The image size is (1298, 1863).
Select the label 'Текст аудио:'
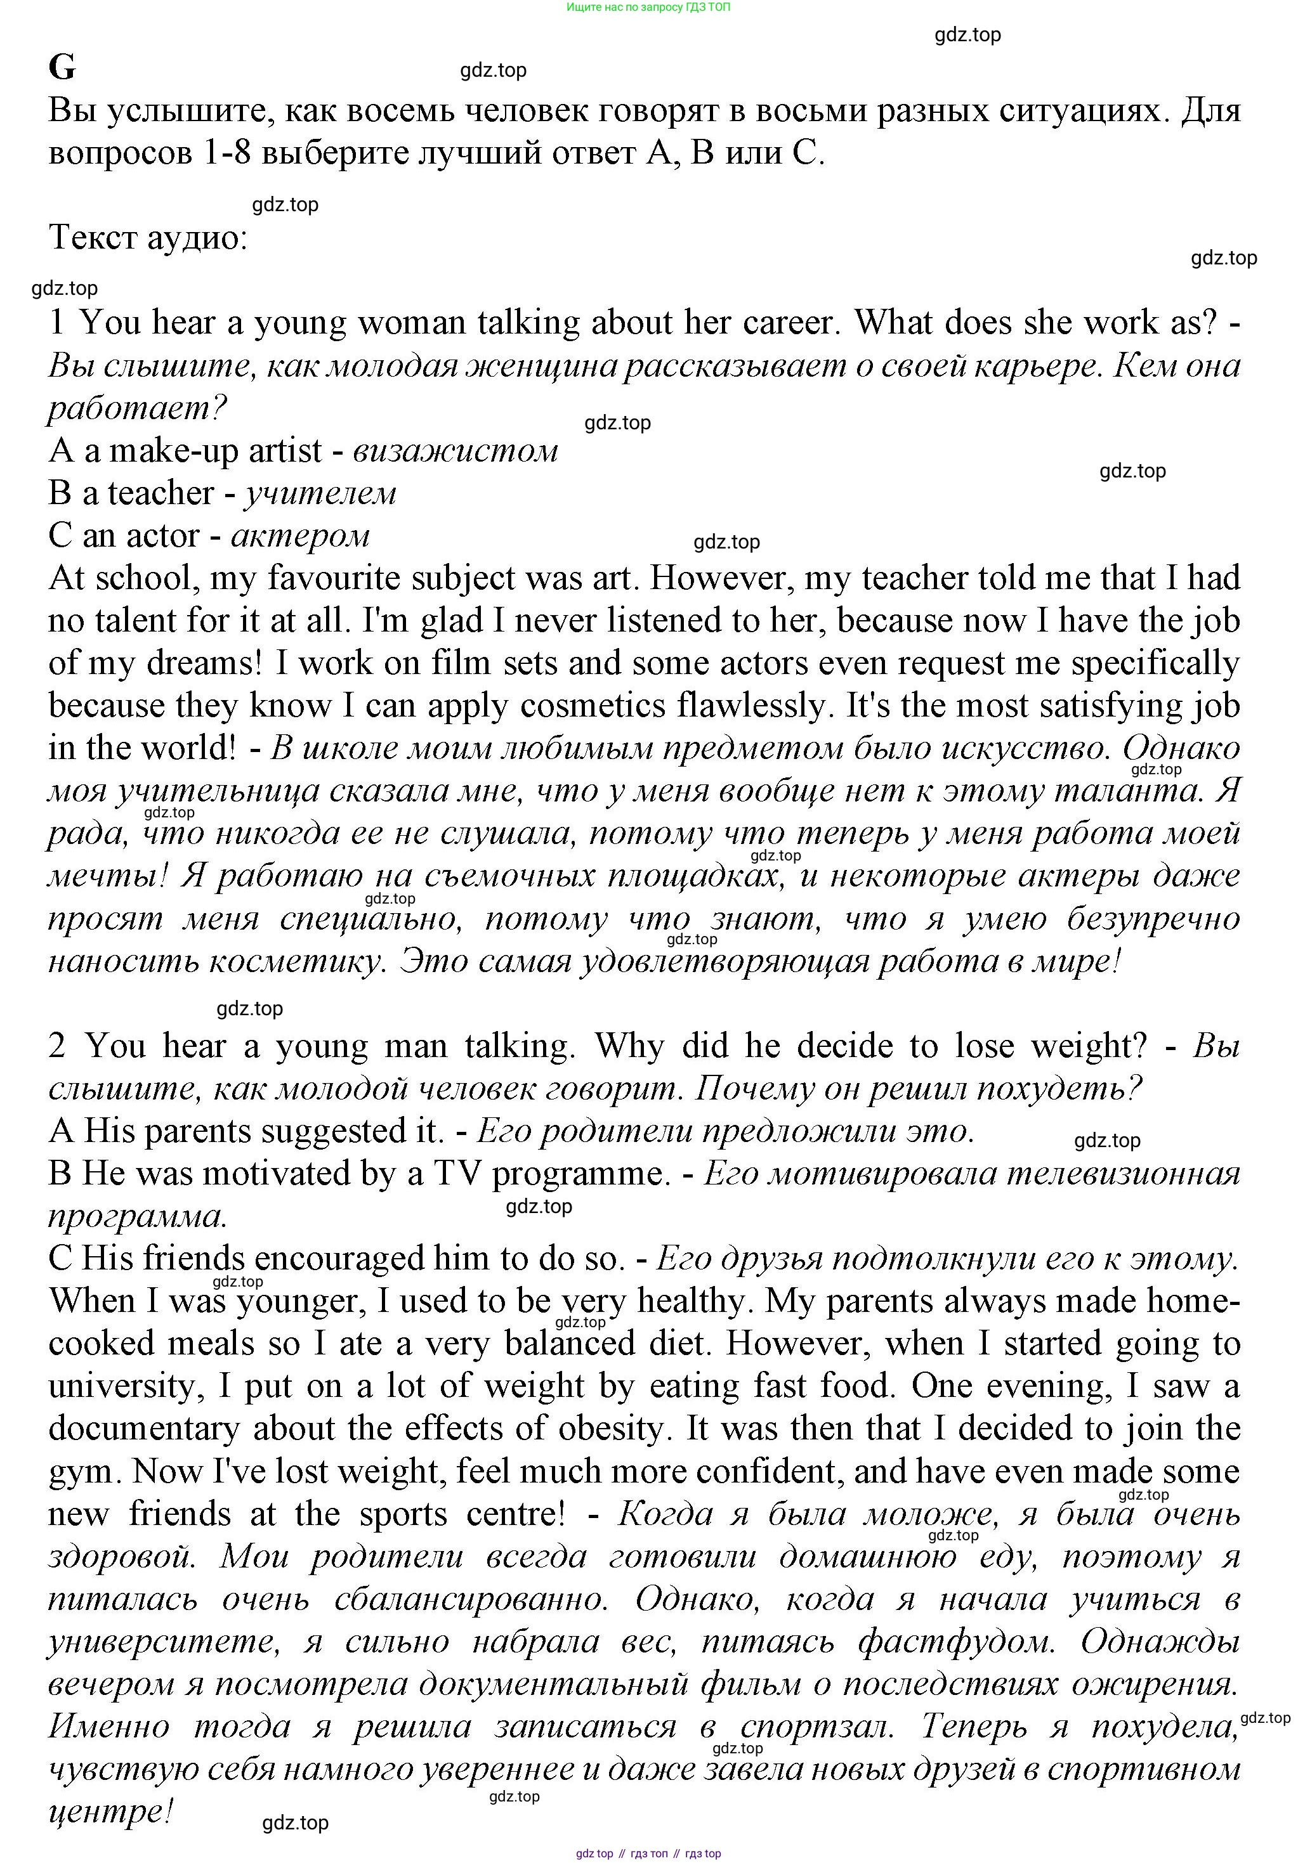click(x=148, y=238)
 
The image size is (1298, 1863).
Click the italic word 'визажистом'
click(x=456, y=450)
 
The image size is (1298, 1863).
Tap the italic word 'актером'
click(x=300, y=536)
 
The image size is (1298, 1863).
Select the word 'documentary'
click(x=143, y=1429)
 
